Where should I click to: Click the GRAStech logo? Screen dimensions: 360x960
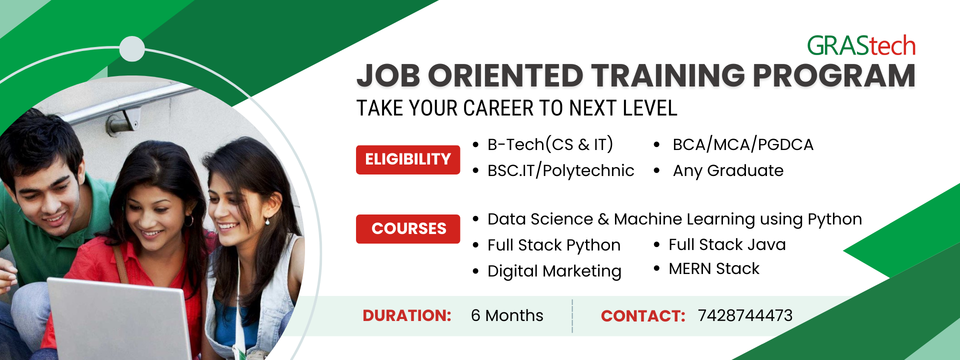coord(861,46)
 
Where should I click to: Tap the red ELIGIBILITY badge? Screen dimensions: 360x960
coord(408,159)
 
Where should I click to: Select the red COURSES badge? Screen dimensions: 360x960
coord(408,228)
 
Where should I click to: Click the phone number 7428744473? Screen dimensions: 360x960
coord(745,315)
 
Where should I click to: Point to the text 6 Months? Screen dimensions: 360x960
coord(507,315)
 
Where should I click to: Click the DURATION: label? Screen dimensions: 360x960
coord(407,315)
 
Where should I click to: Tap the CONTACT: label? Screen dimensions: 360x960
coord(643,316)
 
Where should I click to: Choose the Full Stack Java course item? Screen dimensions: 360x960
coord(727,244)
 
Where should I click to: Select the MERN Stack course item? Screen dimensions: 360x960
coord(714,269)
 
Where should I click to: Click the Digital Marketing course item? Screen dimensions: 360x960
coord(554,271)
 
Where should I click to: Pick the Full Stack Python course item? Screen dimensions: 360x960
coord(553,245)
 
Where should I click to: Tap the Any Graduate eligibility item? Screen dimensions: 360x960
coord(728,170)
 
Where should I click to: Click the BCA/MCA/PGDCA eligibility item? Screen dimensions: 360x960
coord(743,144)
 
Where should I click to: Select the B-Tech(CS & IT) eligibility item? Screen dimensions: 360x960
coord(550,144)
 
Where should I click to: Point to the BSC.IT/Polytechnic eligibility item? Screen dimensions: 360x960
coord(560,170)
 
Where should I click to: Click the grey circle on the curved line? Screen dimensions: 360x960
coord(132,49)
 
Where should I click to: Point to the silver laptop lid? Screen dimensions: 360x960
coord(120,320)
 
